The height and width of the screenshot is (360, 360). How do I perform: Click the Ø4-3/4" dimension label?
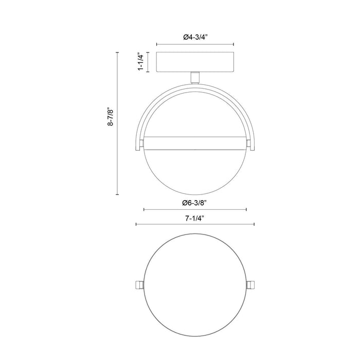click(195, 37)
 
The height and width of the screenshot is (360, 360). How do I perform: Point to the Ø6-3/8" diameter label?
click(195, 203)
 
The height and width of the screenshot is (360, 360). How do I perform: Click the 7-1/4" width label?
click(195, 219)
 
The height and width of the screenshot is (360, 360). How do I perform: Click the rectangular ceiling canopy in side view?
click(195, 63)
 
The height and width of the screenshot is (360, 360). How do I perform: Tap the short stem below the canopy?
click(195, 77)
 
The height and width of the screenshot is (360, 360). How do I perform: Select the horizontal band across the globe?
click(195, 143)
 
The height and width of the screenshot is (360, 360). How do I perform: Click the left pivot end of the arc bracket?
click(140, 143)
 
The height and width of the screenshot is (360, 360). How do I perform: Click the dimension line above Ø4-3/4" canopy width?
click(195, 44)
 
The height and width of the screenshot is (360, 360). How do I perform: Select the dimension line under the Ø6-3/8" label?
click(195, 209)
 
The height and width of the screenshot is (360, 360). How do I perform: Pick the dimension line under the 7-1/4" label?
click(195, 225)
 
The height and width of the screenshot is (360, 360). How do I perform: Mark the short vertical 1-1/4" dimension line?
click(148, 63)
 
